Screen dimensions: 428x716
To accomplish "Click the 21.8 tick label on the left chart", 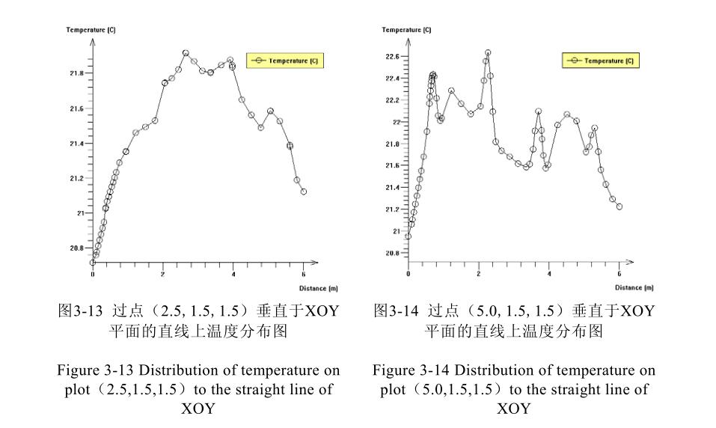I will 77,73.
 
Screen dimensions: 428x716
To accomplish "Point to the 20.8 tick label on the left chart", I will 77,248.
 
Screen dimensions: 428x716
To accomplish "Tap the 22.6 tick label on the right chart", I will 392,57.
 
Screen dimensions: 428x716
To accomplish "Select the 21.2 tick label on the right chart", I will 392,210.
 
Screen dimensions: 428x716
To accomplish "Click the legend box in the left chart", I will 286,61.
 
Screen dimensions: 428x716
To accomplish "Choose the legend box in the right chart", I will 601,61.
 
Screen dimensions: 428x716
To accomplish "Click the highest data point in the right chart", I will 488,53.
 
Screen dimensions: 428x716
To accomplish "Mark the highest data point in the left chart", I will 186,53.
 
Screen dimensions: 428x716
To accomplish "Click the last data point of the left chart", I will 304,192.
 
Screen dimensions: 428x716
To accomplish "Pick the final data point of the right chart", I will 619,207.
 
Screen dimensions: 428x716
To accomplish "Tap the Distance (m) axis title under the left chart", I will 319,287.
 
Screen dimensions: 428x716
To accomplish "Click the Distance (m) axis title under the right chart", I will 634,287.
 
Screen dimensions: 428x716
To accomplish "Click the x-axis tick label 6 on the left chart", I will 304,274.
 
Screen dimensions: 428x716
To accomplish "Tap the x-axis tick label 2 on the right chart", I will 479,274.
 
